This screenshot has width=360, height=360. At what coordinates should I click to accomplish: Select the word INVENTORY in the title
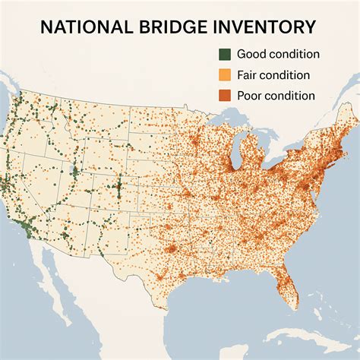tap(266, 27)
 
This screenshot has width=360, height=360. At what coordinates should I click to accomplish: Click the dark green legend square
tap(224, 55)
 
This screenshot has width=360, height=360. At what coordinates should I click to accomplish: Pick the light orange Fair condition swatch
tap(224, 75)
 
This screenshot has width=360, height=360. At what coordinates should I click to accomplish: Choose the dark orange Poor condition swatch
tap(224, 96)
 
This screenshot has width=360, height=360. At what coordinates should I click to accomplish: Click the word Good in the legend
tap(251, 55)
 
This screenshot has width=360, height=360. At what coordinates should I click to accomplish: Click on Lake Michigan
tap(235, 156)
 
